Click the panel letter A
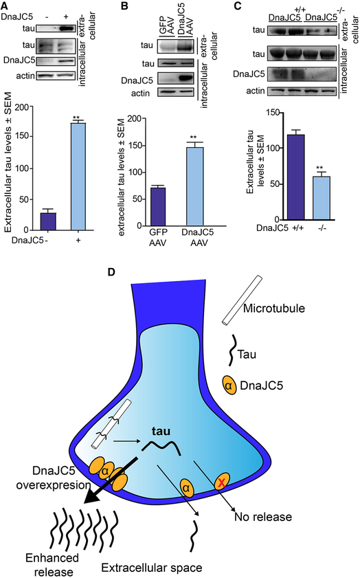[x=5, y=6]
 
